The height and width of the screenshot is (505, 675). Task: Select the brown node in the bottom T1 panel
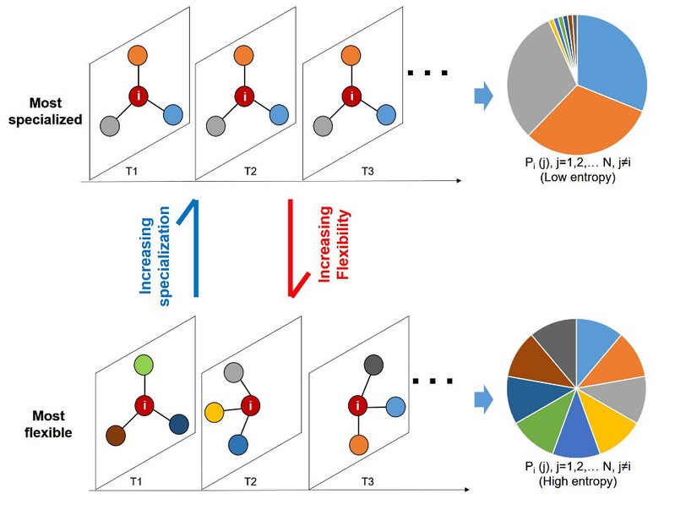tap(116, 436)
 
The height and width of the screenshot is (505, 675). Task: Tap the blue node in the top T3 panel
tap(387, 114)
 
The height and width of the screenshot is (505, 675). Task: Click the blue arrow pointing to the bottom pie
tap(482, 397)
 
